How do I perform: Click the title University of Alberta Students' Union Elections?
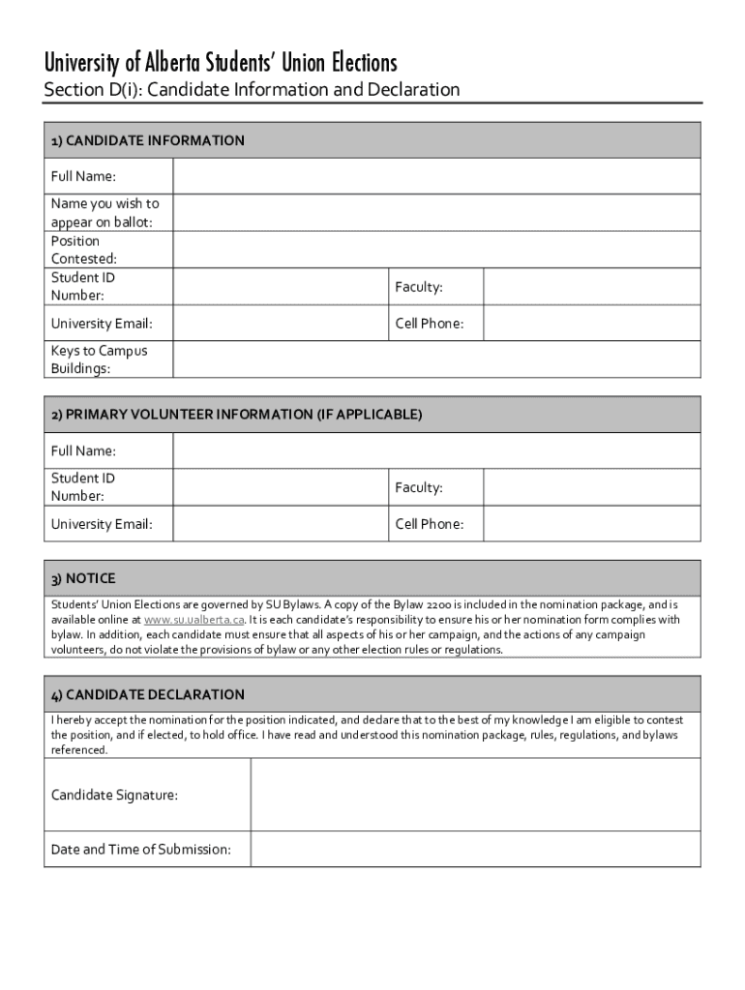click(x=221, y=64)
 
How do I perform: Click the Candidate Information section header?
click(x=148, y=141)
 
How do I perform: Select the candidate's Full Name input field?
click(x=436, y=176)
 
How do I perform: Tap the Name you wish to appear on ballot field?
click(x=436, y=213)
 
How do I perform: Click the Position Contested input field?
click(x=436, y=249)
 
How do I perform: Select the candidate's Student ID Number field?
click(x=281, y=286)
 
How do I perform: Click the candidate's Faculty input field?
click(x=591, y=286)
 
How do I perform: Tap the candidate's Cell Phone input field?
click(x=591, y=323)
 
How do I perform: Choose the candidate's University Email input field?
click(x=281, y=323)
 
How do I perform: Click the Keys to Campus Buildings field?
click(x=436, y=360)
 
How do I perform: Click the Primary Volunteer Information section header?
click(x=237, y=415)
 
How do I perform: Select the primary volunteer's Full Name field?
click(x=436, y=451)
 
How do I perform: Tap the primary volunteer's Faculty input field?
click(x=591, y=487)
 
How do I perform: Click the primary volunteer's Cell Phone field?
click(x=591, y=524)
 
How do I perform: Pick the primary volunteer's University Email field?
click(x=281, y=524)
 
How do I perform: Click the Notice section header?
click(x=83, y=578)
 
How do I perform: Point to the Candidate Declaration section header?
click(x=148, y=694)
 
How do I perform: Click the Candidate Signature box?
click(x=475, y=795)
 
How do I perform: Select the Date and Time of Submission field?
click(x=475, y=849)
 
